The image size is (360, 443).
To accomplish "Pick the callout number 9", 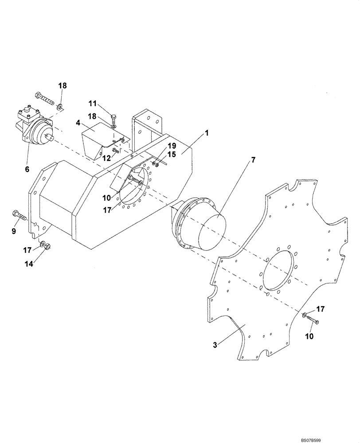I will [14, 231].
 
